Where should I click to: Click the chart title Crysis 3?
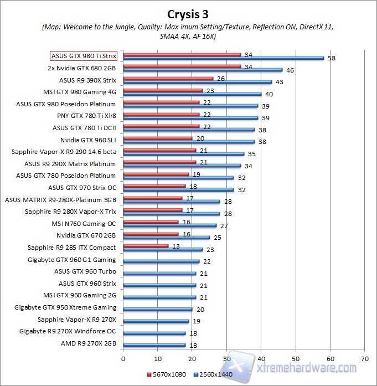coord(188,13)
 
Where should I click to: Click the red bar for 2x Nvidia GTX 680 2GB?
coord(182,66)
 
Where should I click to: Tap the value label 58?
coord(332,58)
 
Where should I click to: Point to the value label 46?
coord(290,70)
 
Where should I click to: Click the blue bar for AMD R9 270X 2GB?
coord(154,345)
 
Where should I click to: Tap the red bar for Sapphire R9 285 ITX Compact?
coord(146,245)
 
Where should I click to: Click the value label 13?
coord(176,246)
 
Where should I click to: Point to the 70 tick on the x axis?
coord(364,358)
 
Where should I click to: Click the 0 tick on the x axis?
coord(123,358)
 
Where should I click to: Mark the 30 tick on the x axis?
coord(226,358)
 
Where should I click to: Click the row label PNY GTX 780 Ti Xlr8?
coord(86,116)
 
